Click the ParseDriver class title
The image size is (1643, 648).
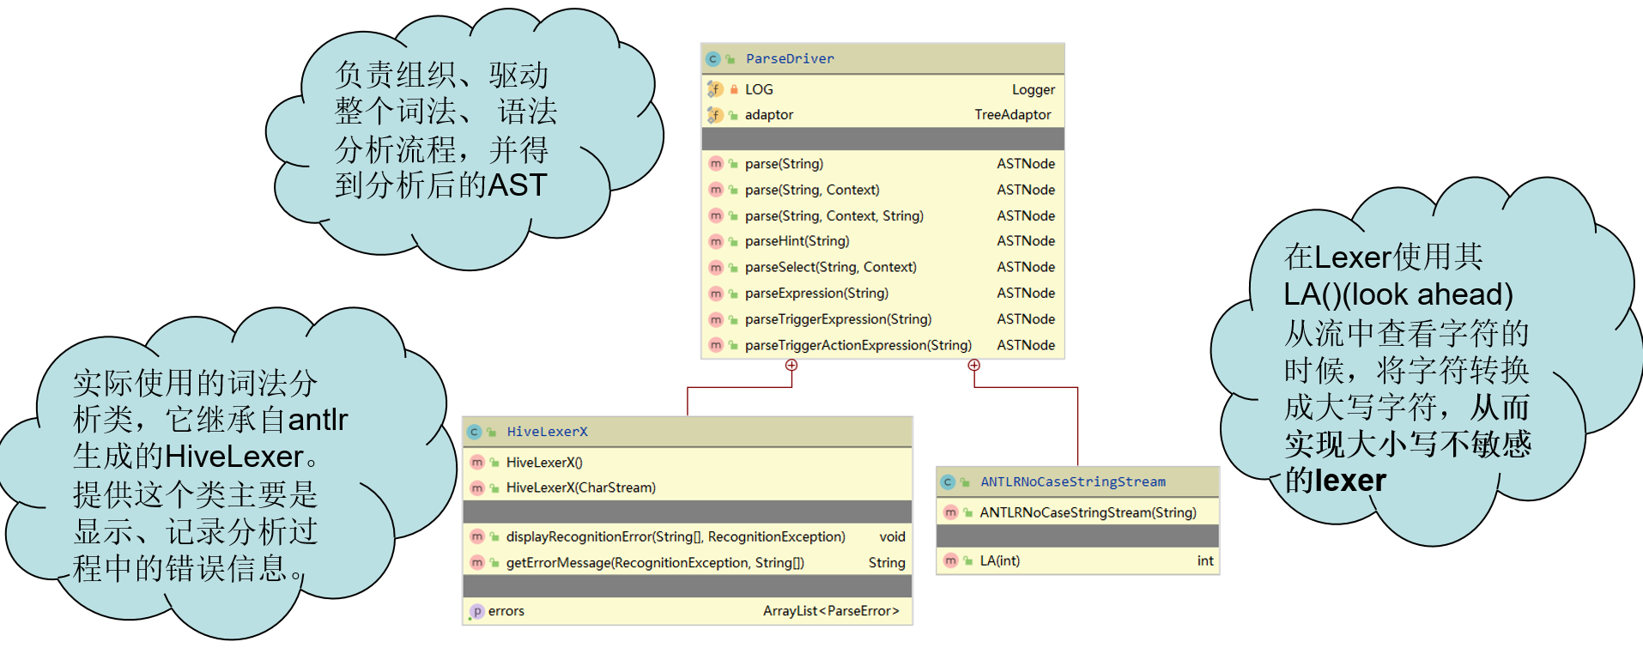point(790,58)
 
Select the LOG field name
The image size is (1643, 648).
point(759,89)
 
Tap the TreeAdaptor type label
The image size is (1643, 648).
point(1013,114)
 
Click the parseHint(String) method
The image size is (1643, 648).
point(797,241)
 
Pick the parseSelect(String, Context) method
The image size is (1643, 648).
point(831,267)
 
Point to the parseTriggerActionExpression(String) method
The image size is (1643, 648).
point(858,345)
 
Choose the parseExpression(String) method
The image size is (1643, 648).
point(816,293)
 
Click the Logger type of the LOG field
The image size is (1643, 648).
point(1034,89)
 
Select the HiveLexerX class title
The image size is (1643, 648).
point(547,432)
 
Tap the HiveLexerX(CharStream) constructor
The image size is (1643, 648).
point(581,488)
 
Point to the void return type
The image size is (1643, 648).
point(893,536)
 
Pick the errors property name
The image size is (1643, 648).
point(506,611)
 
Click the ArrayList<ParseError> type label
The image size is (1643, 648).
point(831,611)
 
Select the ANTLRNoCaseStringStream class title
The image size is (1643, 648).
point(1073,481)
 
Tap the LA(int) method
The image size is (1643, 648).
point(1000,560)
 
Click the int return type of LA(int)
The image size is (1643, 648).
point(1205,560)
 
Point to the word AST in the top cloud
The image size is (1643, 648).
point(517,185)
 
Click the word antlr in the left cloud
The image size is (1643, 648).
point(318,420)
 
